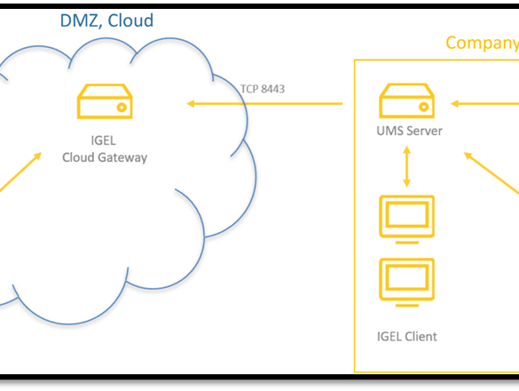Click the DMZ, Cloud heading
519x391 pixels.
click(x=106, y=20)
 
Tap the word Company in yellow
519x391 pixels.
click(x=483, y=44)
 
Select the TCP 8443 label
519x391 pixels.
click(x=263, y=89)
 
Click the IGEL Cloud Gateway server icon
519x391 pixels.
click(x=105, y=101)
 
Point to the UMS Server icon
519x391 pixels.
click(x=407, y=100)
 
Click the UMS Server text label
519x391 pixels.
click(x=410, y=131)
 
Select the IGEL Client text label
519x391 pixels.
click(x=407, y=337)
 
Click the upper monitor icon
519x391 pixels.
click(x=407, y=219)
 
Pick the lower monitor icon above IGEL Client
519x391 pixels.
click(x=407, y=283)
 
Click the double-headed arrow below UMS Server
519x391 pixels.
click(x=407, y=166)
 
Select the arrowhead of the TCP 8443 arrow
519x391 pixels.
click(x=191, y=104)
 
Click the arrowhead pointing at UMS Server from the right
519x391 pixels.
click(x=455, y=104)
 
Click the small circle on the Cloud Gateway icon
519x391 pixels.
click(x=122, y=108)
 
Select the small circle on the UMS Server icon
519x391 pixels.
click(x=424, y=107)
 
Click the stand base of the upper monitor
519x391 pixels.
click(x=407, y=243)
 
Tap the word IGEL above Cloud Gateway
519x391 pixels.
click(x=103, y=140)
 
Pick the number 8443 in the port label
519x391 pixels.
click(x=272, y=89)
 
